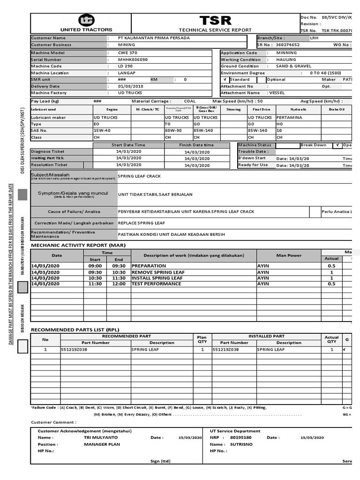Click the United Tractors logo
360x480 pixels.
[86, 20]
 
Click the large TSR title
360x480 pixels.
[215, 21]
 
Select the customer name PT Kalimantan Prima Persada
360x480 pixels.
[147, 38]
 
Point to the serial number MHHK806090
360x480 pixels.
[133, 60]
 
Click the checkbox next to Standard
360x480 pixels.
[225, 80]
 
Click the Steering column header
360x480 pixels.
[233, 109]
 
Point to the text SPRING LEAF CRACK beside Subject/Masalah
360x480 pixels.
[139, 176]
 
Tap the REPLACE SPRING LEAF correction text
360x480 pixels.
[141, 223]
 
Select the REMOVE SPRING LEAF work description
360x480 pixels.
[158, 272]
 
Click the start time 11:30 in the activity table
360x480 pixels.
[95, 284]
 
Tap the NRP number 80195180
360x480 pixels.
[241, 437]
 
